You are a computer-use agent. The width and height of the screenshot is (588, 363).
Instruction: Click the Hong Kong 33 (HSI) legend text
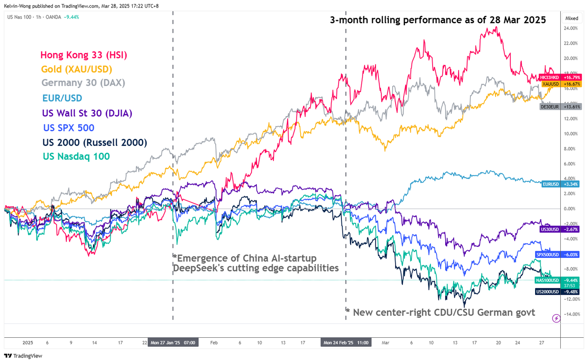click(x=83, y=55)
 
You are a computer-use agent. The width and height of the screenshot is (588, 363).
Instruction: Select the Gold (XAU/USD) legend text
click(x=76, y=69)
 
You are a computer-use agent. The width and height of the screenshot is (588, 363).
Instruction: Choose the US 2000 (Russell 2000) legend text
click(x=95, y=142)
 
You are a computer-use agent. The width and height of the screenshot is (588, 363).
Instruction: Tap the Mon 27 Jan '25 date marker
click(x=173, y=343)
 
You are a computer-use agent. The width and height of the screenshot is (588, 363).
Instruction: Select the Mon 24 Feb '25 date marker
click(x=345, y=343)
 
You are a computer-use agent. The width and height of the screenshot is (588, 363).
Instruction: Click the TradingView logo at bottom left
click(x=24, y=356)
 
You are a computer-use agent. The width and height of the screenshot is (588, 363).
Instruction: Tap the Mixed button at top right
click(x=572, y=18)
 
